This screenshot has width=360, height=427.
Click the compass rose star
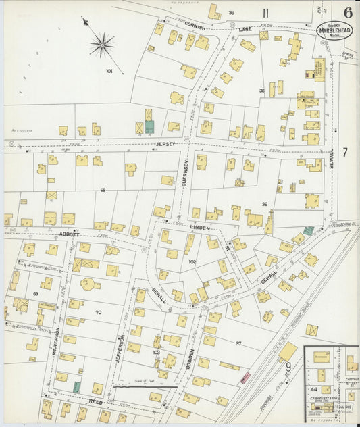tap(102, 46)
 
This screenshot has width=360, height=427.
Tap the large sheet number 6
tap(347, 12)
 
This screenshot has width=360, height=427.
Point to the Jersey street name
tap(165, 144)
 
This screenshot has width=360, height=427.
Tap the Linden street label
tap(199, 229)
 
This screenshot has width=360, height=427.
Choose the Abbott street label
tap(69, 234)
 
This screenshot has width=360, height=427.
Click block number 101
tap(109, 70)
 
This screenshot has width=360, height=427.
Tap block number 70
tap(98, 312)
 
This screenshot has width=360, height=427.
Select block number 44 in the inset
tap(313, 390)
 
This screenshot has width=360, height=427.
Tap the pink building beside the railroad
tap(245, 377)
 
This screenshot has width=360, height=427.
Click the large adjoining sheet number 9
tap(288, 368)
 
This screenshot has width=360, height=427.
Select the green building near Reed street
tap(77, 387)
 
